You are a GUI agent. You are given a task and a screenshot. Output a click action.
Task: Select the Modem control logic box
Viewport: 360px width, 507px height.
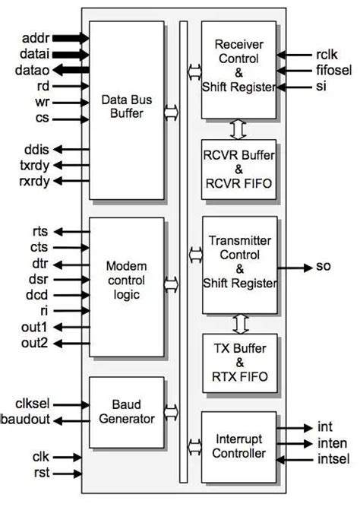pyautogui.click(x=126, y=281)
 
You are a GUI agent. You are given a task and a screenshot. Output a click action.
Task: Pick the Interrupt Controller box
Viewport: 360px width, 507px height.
pyautogui.click(x=239, y=446)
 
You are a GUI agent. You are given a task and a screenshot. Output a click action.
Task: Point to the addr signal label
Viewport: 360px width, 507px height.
pyautogui.click(x=35, y=36)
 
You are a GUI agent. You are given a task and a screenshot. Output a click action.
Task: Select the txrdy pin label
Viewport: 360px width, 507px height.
pyautogui.click(x=34, y=165)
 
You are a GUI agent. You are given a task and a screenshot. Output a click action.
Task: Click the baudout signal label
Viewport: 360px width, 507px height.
pyautogui.click(x=27, y=420)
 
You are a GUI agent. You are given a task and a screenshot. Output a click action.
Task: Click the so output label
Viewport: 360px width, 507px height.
pyautogui.click(x=322, y=268)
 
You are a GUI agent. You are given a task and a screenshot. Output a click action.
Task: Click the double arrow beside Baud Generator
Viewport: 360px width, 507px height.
pyautogui.click(x=171, y=412)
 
